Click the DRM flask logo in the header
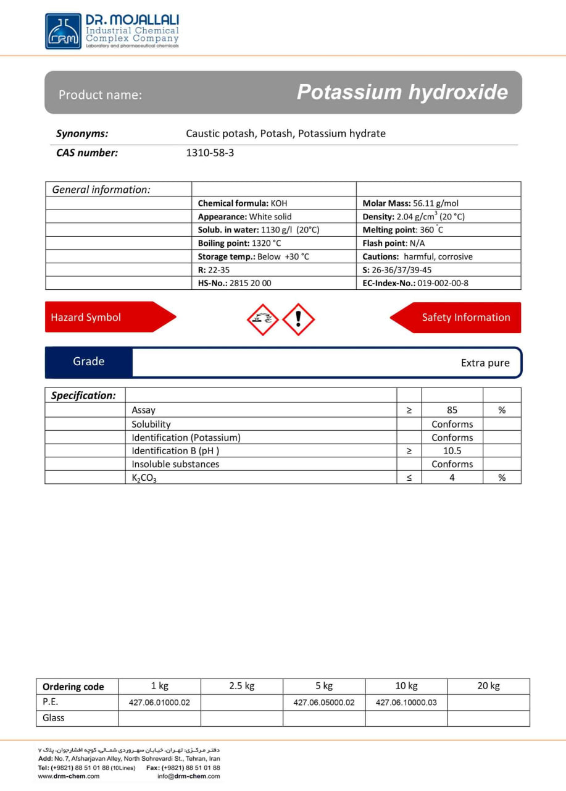click(63, 32)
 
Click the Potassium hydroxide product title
click(402, 93)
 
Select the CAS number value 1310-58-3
click(210, 153)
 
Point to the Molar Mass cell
click(410, 203)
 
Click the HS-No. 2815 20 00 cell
click(235, 283)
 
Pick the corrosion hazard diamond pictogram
click(262, 319)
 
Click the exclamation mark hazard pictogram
click(299, 319)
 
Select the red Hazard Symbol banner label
click(86, 318)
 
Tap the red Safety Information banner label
click(466, 318)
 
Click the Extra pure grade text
click(485, 363)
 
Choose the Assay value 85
click(452, 410)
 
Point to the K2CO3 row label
click(144, 478)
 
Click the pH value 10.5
click(452, 451)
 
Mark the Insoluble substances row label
click(175, 464)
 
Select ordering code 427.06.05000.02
click(324, 703)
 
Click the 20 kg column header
click(488, 686)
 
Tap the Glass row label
click(54, 718)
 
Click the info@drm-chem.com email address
click(188, 776)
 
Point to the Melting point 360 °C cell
click(403, 230)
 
